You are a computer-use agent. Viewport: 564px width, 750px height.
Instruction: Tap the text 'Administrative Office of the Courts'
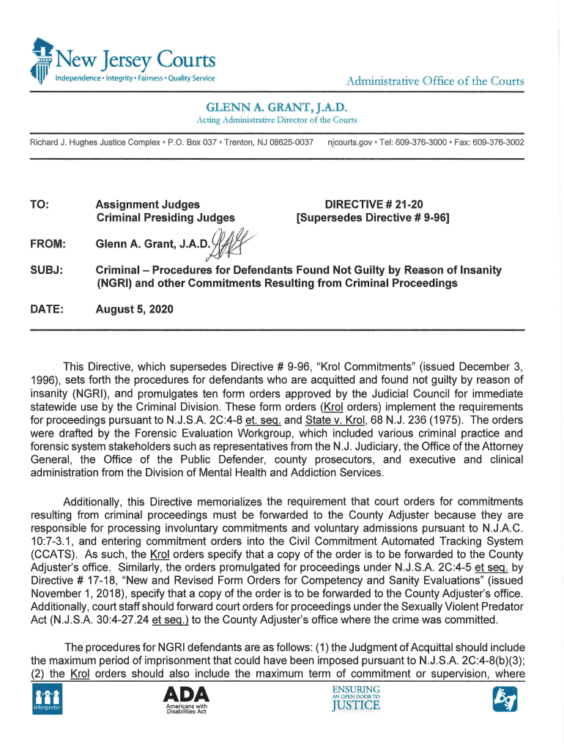click(436, 81)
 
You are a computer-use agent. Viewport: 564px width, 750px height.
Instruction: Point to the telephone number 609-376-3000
click(414, 141)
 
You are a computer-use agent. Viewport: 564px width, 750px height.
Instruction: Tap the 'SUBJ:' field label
click(46, 271)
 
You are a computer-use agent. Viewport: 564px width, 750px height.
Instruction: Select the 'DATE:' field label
click(47, 310)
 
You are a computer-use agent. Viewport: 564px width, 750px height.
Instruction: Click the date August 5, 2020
click(135, 310)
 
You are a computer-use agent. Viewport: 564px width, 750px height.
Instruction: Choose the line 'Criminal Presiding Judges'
click(166, 218)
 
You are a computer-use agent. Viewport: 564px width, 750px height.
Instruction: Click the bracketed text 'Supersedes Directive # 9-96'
click(372, 218)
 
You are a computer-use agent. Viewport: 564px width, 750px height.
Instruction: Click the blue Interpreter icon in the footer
click(46, 699)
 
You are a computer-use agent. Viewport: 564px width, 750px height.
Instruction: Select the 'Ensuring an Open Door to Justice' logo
click(356, 699)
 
